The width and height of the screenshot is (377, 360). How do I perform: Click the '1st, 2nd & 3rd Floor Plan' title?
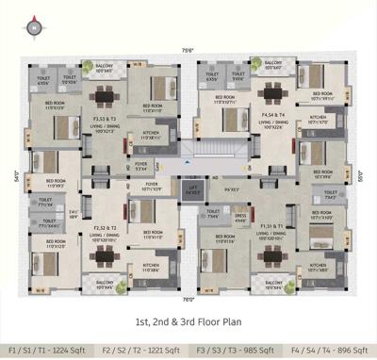[188, 320]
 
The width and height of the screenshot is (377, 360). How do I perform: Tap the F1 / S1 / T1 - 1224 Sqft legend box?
[47, 348]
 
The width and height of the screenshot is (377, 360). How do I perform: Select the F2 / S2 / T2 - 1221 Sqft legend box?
[141, 348]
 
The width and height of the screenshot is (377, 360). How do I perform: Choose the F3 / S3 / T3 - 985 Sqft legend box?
[236, 348]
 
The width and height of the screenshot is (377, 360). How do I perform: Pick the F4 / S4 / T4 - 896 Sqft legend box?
[329, 348]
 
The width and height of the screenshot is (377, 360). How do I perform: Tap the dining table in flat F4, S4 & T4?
[272, 94]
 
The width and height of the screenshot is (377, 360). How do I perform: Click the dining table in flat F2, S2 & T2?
[105, 254]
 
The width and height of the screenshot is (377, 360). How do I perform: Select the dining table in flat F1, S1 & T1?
[273, 255]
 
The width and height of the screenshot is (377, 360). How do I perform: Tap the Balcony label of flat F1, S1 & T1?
[274, 284]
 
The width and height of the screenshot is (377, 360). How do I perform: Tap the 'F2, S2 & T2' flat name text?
[105, 228]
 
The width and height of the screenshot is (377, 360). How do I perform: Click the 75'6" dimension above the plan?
[188, 50]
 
